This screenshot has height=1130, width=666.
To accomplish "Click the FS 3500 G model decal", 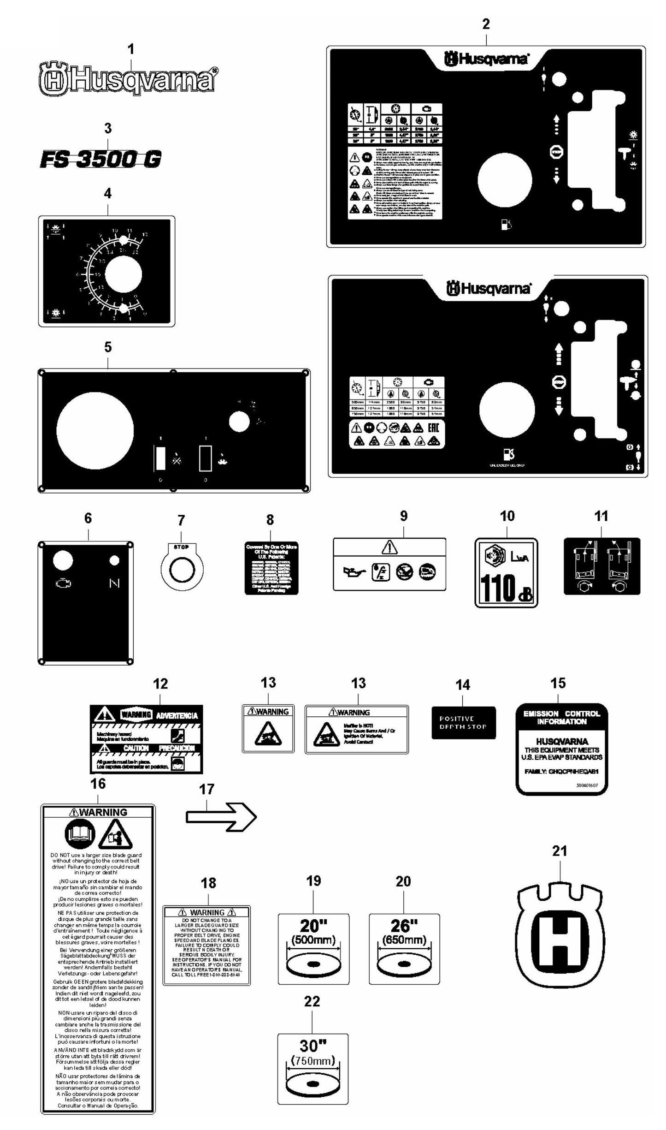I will click(x=101, y=160).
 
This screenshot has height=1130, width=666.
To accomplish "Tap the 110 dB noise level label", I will click(x=506, y=572).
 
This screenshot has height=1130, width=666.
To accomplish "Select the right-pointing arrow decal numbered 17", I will click(x=221, y=817).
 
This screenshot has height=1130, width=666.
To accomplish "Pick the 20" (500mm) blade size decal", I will click(x=313, y=949).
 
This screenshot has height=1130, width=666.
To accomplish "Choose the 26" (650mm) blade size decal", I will click(x=404, y=949).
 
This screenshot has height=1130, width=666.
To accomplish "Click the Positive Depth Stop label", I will click(x=463, y=723).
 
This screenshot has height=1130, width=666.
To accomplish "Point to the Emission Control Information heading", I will click(x=561, y=717).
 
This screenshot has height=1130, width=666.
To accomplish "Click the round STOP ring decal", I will click(x=181, y=571).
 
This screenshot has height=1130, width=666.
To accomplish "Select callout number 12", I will click(x=160, y=684).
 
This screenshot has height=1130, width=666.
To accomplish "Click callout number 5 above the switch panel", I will click(x=108, y=347).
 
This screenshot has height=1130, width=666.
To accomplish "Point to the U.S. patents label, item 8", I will click(x=271, y=568).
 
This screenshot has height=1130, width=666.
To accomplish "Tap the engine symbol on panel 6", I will click(x=63, y=583).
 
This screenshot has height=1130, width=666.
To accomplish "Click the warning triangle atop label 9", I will click(x=389, y=547).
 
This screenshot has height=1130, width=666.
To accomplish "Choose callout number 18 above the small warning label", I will click(x=208, y=883).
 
